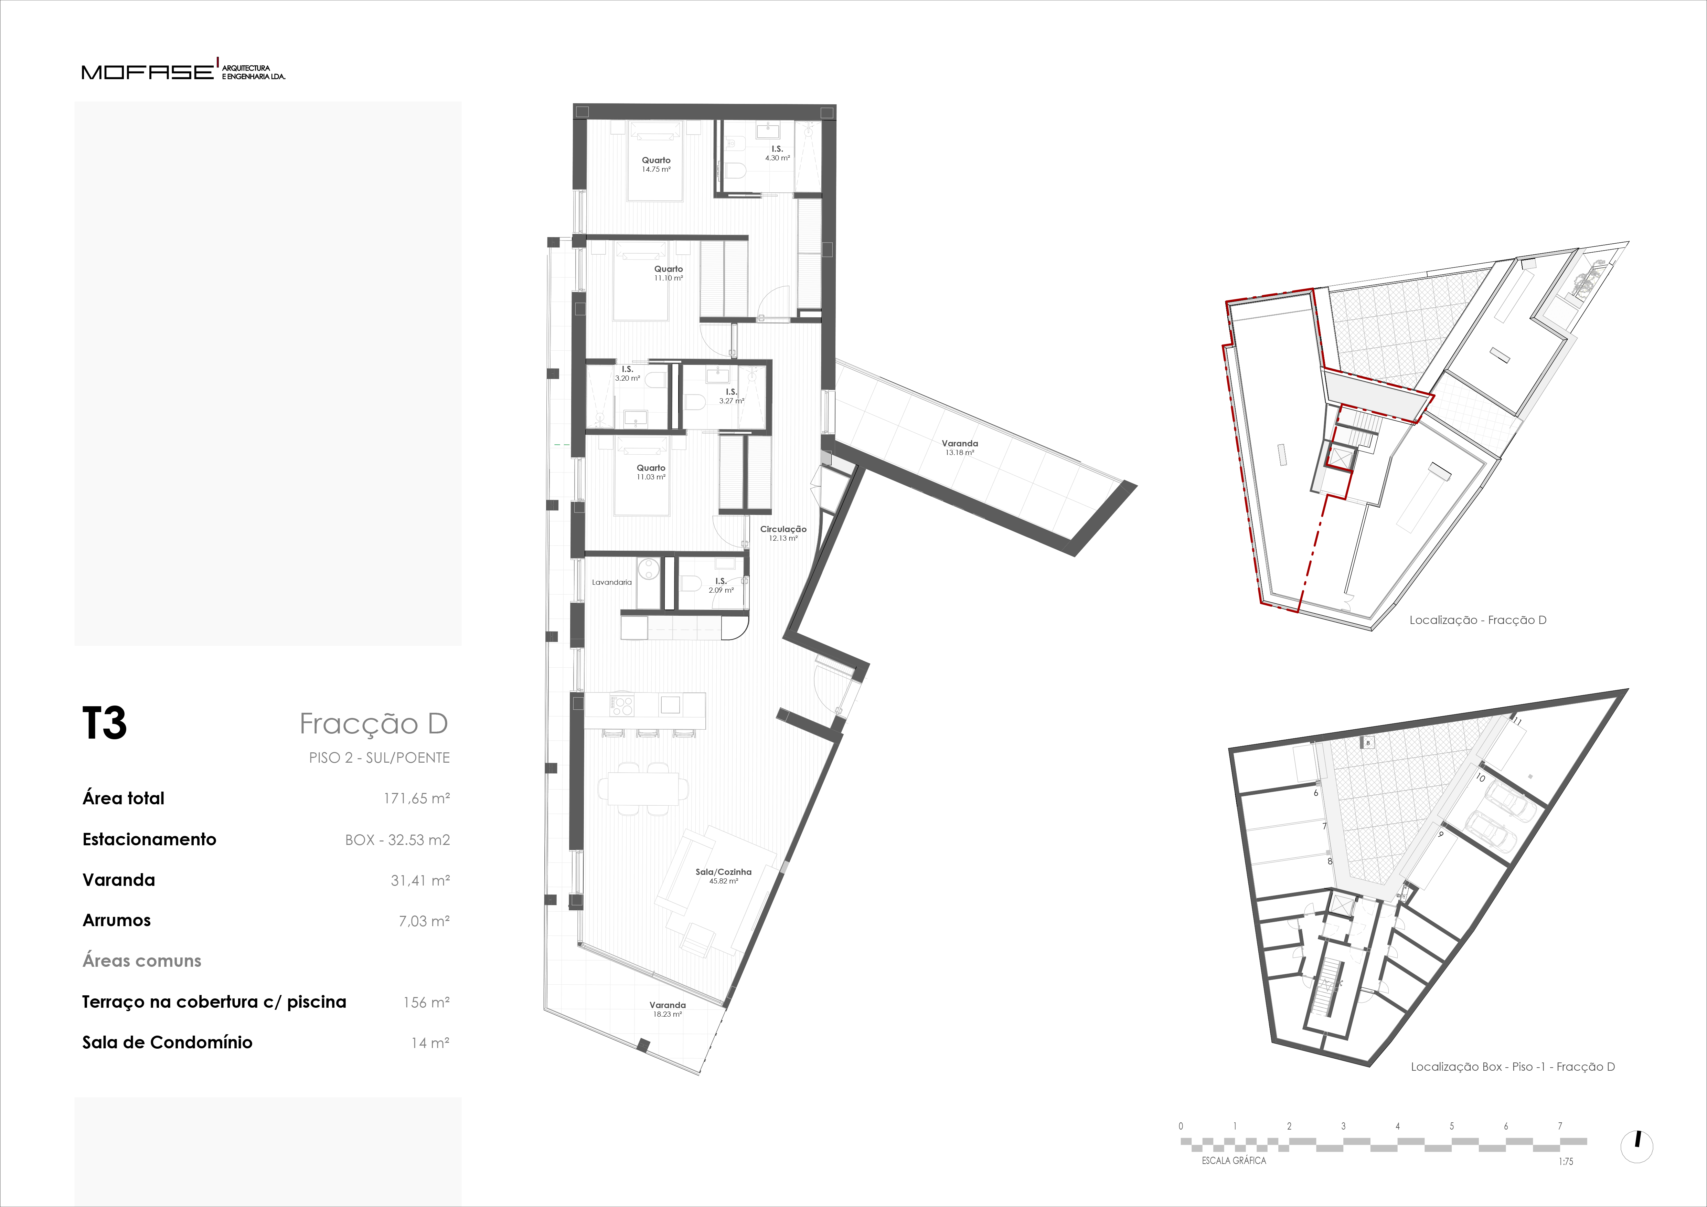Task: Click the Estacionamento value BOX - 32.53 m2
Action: [397, 840]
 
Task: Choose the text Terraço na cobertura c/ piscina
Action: [214, 1002]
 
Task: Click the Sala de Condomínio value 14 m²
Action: [430, 1042]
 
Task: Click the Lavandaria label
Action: [612, 582]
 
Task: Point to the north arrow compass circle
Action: [1636, 1147]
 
